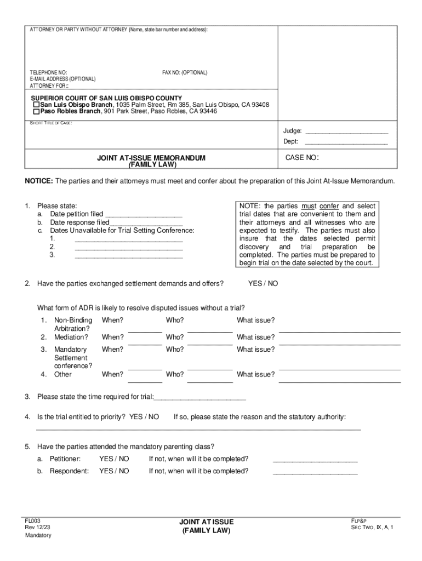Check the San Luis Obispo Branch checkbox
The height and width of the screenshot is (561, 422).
click(x=36, y=105)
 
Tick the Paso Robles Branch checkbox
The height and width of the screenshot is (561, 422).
click(x=36, y=111)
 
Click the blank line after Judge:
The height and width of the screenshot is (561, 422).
click(x=346, y=131)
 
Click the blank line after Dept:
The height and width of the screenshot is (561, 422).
click(x=346, y=142)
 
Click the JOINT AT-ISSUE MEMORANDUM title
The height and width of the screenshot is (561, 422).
click(x=151, y=158)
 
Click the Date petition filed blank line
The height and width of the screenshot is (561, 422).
click(x=144, y=214)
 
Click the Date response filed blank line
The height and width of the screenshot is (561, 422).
click(x=146, y=223)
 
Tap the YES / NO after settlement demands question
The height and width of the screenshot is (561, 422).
click(x=263, y=284)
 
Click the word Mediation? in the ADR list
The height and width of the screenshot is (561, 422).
click(x=71, y=337)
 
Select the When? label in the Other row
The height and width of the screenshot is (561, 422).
click(x=113, y=375)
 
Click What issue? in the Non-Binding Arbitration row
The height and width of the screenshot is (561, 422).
click(x=255, y=320)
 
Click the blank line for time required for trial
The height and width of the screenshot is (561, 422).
click(x=200, y=397)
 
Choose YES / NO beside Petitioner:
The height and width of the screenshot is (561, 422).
click(x=114, y=459)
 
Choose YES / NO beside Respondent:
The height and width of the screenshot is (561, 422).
click(x=114, y=471)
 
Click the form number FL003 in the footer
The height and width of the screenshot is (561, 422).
click(x=32, y=521)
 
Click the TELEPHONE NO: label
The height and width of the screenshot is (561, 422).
click(x=48, y=73)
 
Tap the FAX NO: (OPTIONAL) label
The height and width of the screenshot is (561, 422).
click(x=185, y=73)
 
